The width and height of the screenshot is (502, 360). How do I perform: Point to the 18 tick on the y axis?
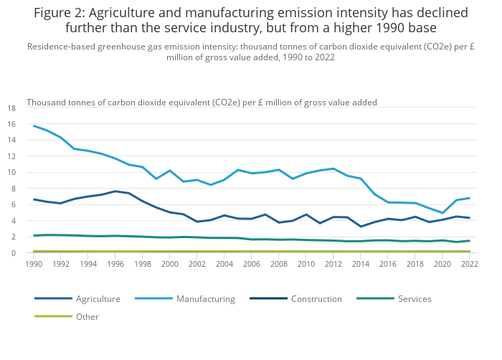(11, 108)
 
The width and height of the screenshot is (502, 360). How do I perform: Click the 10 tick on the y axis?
(11, 173)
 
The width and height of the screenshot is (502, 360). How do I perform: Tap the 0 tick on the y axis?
(14, 253)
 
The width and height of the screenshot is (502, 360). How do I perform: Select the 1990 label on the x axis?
(34, 264)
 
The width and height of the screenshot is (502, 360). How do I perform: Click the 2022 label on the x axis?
(470, 264)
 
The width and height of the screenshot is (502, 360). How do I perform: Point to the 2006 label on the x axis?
(252, 264)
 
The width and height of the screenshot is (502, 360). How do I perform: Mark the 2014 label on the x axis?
(361, 264)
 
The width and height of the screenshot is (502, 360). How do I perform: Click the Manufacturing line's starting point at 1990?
(34, 125)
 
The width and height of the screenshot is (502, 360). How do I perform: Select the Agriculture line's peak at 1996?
(115, 191)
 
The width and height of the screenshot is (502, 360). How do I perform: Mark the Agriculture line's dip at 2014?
(361, 227)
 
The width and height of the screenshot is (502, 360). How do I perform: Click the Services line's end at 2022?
(470, 241)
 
